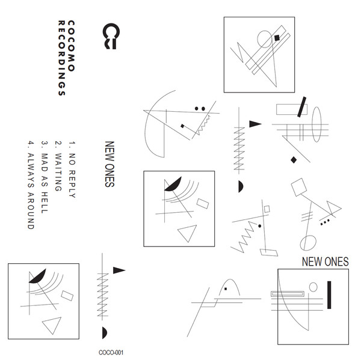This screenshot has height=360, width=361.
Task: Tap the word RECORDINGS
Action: coord(61,58)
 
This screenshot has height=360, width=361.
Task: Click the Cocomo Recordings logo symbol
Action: coord(111,36)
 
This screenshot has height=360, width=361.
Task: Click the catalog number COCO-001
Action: coord(111,352)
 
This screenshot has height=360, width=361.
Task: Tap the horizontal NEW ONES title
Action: coord(325,261)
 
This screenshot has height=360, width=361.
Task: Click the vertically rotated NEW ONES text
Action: coord(110,164)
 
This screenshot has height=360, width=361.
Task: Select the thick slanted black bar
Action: coord(301,107)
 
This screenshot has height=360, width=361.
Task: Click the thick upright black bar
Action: coord(329,295)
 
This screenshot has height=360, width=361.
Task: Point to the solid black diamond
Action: coord(294,160)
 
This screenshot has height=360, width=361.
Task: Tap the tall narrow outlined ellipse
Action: coord(316,124)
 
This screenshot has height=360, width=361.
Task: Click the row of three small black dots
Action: coord(325,222)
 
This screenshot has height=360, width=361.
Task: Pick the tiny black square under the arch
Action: coord(226,289)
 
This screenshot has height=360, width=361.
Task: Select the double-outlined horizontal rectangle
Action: coord(288,294)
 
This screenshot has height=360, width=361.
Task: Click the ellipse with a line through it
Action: coord(308,243)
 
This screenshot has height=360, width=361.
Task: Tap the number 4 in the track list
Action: coord(31,143)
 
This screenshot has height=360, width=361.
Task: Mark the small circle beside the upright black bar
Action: coord(313,287)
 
